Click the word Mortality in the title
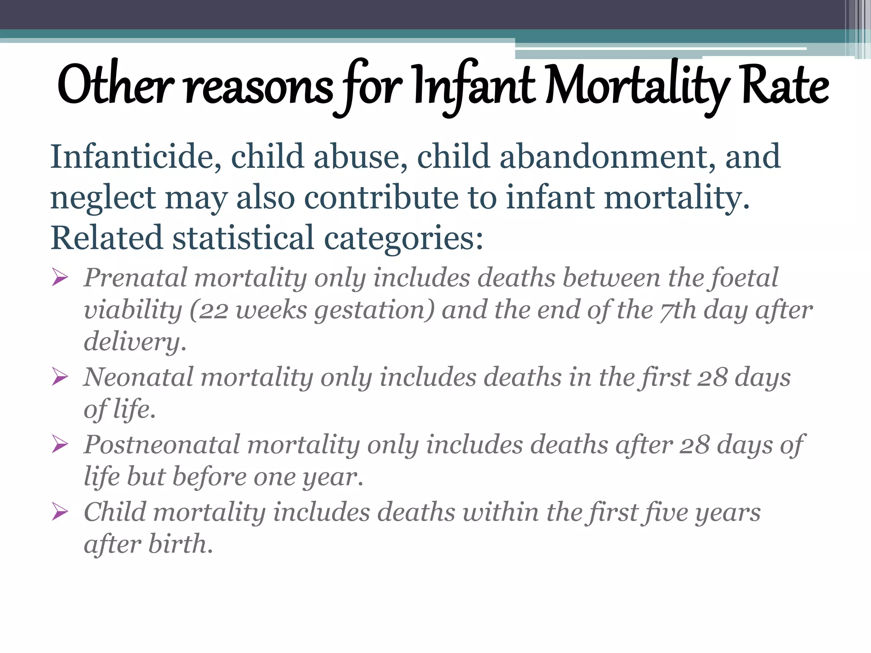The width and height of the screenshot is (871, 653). tap(638, 85)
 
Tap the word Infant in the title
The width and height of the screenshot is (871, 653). tap(474, 85)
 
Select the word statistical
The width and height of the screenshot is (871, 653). tap(243, 238)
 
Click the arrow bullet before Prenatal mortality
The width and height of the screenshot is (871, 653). tap(60, 278)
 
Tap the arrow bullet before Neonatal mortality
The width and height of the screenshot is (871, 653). tap(60, 377)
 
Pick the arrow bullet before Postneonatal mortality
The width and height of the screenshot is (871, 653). tap(60, 445)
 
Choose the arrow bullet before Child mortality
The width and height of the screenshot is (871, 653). tap(60, 512)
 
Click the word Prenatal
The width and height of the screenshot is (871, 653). tap(135, 278)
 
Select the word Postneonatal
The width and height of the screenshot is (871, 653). tap(162, 445)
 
